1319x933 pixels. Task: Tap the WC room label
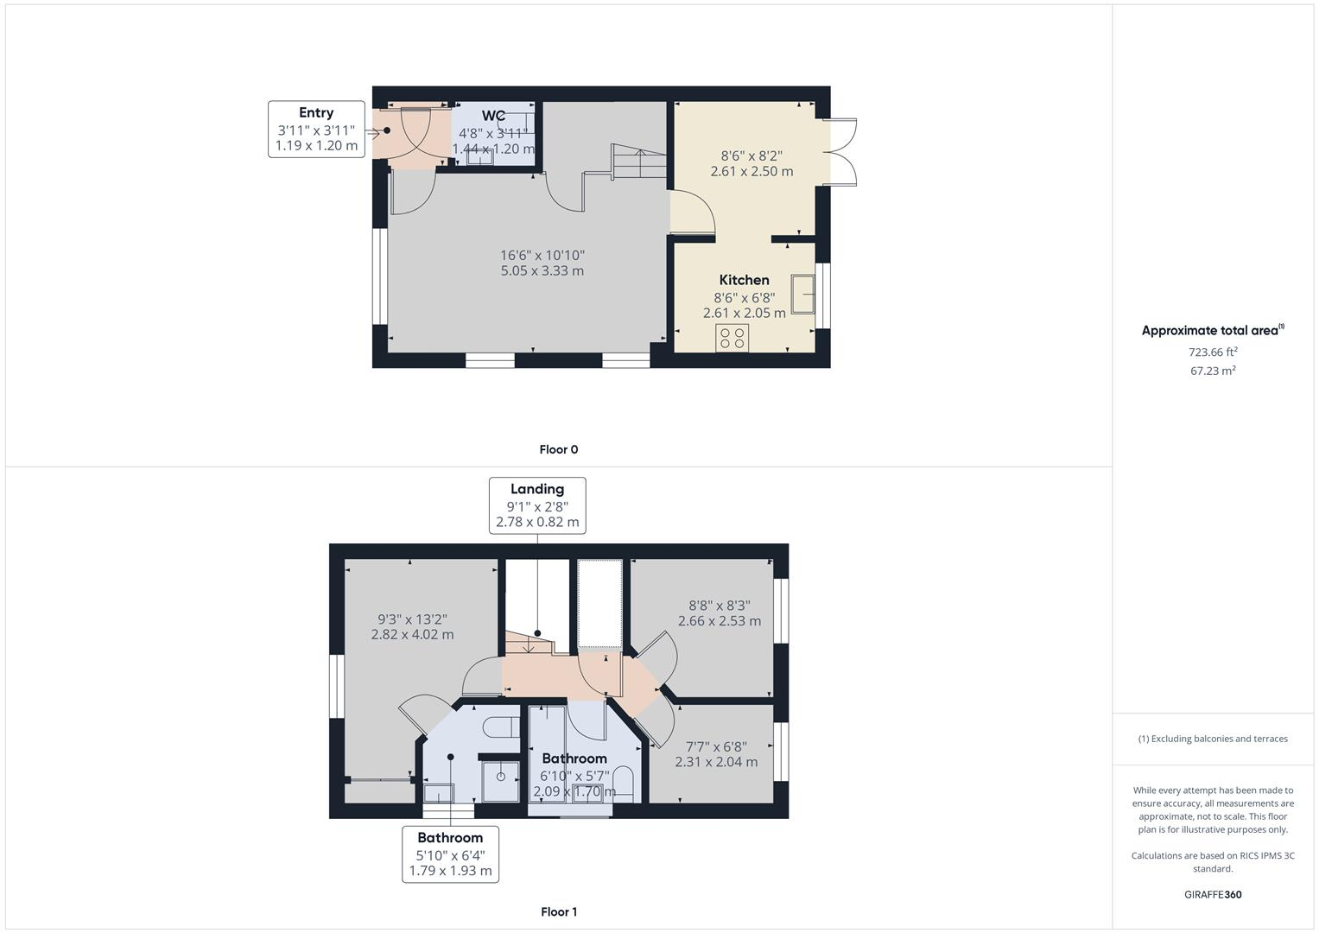493,116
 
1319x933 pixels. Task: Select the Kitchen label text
744,280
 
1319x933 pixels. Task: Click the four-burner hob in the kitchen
732,338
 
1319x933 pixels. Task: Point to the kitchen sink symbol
802,294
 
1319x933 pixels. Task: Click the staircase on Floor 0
639,163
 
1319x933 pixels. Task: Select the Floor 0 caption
558,449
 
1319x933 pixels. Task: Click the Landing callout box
537,505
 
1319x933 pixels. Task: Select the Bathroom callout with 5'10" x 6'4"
450,854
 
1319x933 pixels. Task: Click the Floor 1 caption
558,911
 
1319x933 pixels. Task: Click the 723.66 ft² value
1213,352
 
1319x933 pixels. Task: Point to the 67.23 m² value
1213,371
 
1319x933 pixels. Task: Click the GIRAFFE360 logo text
1213,894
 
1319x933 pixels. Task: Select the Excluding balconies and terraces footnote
1213,739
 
